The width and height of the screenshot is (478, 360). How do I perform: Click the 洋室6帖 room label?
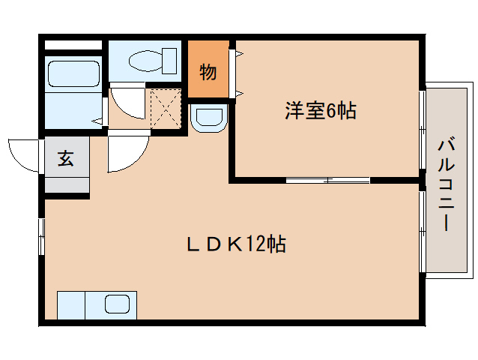click(321, 110)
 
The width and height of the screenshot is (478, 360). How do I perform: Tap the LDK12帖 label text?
click(236, 244)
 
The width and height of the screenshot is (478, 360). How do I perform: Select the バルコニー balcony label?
click(447, 185)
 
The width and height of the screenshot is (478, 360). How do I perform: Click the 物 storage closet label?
click(208, 72)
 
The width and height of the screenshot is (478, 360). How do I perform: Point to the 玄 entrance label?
click(66, 158)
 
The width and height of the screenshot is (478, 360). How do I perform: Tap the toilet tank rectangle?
click(169, 61)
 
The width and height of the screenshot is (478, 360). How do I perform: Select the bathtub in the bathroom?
click(73, 73)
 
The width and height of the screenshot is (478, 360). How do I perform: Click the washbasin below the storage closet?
click(209, 118)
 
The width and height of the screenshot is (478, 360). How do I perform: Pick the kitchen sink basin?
click(117, 304)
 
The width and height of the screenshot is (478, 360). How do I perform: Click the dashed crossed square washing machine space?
click(166, 108)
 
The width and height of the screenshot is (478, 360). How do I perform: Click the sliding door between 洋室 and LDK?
click(327, 180)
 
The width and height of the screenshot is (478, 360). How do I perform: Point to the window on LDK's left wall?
click(41, 236)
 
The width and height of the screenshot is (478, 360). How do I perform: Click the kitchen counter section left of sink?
click(71, 305)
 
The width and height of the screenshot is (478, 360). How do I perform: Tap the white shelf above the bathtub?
click(73, 45)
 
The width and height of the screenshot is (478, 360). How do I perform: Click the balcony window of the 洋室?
click(423, 129)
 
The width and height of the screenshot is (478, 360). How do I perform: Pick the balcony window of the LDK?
click(423, 232)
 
